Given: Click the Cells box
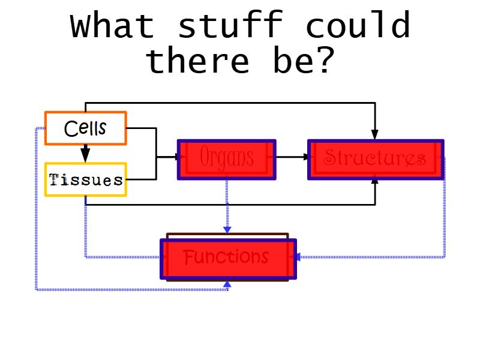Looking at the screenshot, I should click(x=86, y=128).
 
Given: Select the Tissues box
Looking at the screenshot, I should click(x=86, y=179).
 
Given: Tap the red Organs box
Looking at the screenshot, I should click(x=226, y=159).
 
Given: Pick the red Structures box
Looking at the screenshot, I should click(x=376, y=159).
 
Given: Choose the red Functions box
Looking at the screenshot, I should click(x=228, y=259).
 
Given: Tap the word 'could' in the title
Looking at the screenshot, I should click(x=358, y=26).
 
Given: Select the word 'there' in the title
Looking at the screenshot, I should click(x=198, y=61).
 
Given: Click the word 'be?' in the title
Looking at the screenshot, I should click(x=302, y=61).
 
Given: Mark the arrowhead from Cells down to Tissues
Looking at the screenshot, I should click(x=86, y=156).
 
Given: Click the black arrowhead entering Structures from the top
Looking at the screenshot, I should click(x=375, y=134).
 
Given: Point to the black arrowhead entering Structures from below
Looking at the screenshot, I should click(x=375, y=181).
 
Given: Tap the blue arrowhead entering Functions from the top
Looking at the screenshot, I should click(x=227, y=230).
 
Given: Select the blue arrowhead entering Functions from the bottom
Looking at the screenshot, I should click(x=227, y=283).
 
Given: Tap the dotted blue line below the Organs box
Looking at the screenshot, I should click(x=227, y=204).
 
